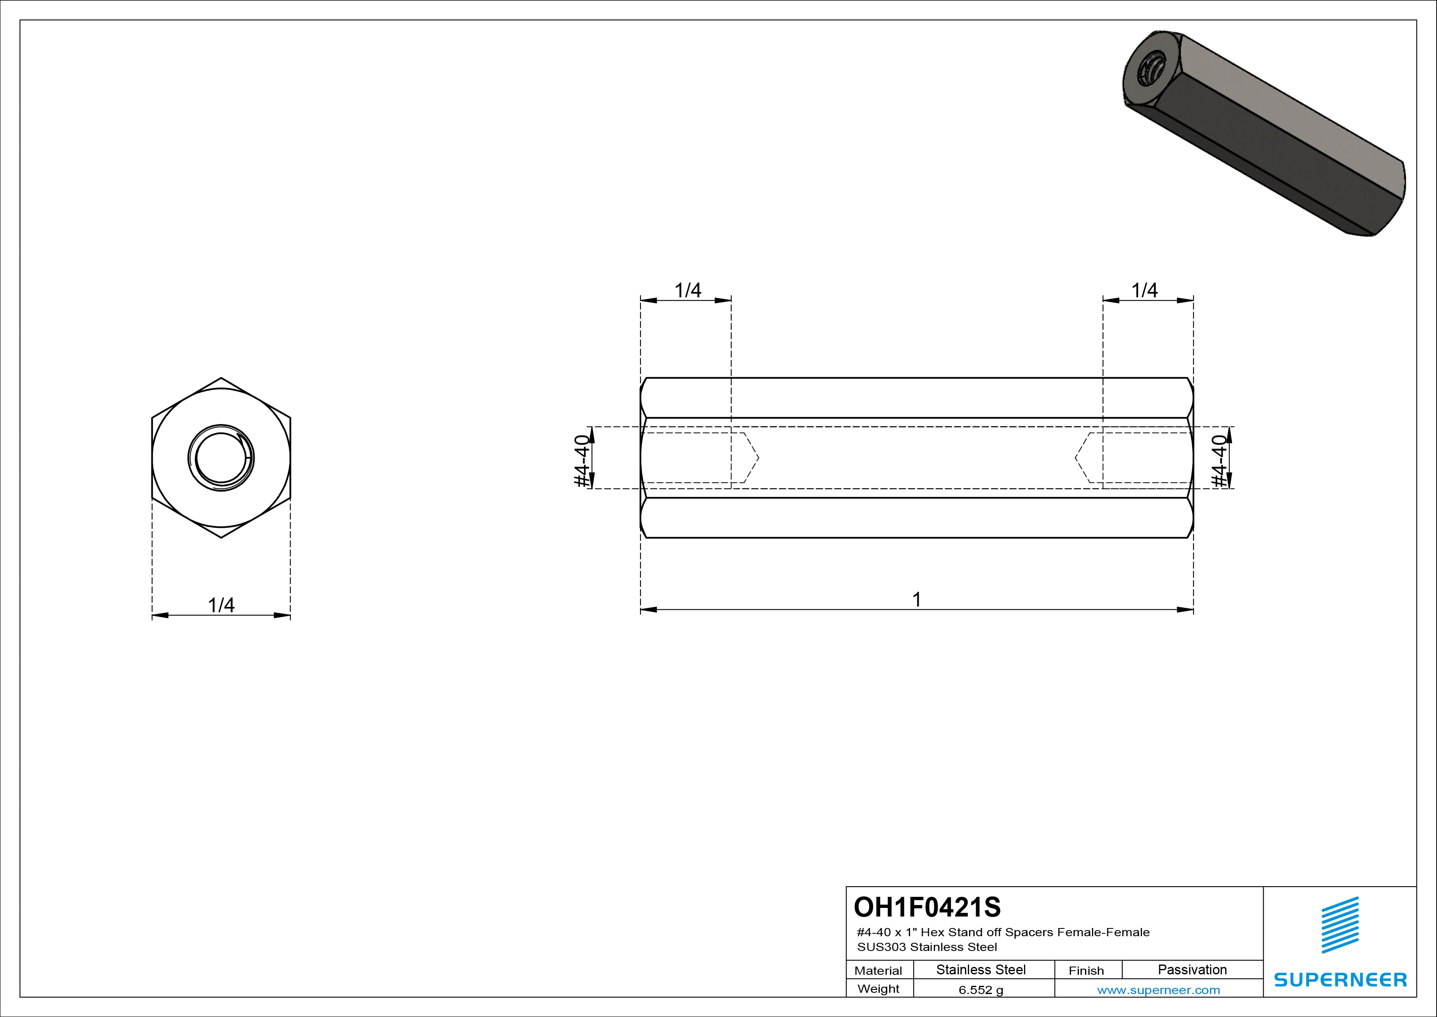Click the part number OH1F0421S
(927, 907)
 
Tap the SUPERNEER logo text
(1340, 979)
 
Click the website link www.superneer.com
(1158, 990)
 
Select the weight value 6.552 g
(981, 990)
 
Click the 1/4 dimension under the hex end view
(221, 605)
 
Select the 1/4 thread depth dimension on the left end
(687, 290)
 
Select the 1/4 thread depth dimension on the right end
(1145, 290)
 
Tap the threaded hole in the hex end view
(221, 458)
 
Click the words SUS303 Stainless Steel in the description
(927, 947)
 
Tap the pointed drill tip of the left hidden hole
(758, 458)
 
